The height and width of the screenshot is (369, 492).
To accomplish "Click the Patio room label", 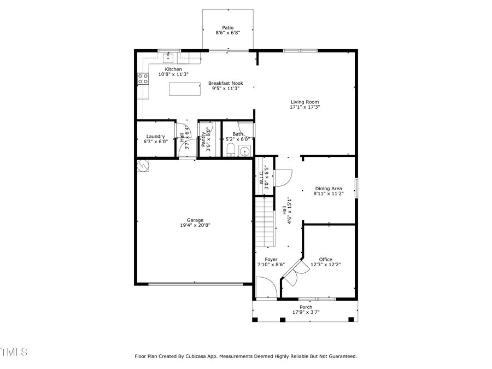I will (x=227, y=27).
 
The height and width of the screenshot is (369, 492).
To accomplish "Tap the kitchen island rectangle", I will (x=184, y=89).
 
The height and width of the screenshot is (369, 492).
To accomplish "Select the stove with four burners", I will (x=143, y=79).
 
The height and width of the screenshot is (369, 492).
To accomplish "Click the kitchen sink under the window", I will (x=169, y=56).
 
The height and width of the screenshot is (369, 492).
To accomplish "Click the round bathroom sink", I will (x=245, y=151).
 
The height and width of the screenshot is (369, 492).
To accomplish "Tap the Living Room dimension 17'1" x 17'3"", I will (x=304, y=108).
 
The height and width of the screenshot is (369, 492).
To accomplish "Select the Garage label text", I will (x=195, y=220).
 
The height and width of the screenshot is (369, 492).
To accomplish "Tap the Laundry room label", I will (x=155, y=136).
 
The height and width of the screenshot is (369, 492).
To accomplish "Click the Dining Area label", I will (x=328, y=189).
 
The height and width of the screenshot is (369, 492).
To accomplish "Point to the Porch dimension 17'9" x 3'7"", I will (x=306, y=313).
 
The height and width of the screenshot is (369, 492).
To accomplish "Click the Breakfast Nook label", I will (x=225, y=84).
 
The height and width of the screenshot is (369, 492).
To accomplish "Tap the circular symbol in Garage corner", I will (x=143, y=165).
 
